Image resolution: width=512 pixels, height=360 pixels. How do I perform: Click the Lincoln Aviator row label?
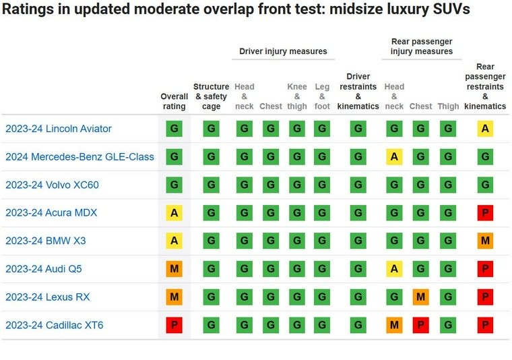59,129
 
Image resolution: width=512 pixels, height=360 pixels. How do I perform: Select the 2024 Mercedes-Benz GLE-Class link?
79,157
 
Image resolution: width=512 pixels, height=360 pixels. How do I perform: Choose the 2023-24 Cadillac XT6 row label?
54,326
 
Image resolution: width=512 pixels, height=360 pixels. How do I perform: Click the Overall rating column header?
174,101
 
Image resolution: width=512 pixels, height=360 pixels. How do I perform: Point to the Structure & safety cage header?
212,96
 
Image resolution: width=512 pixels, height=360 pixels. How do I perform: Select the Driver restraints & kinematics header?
358,92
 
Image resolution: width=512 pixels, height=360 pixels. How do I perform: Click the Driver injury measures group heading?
283,51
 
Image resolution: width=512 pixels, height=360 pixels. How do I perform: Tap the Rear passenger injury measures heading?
422,47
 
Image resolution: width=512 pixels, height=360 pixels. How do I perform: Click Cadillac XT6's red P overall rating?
174,326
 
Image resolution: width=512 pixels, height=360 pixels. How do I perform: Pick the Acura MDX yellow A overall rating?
174,213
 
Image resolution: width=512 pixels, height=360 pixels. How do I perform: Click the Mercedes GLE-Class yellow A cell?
394,157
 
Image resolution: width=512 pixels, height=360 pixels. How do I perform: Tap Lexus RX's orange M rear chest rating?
421,297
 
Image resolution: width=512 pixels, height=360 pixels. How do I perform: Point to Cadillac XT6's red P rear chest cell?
421,326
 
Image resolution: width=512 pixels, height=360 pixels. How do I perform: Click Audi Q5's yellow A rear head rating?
394,269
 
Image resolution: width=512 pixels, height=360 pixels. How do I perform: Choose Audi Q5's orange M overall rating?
174,269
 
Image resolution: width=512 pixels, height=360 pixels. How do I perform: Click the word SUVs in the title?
447,10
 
